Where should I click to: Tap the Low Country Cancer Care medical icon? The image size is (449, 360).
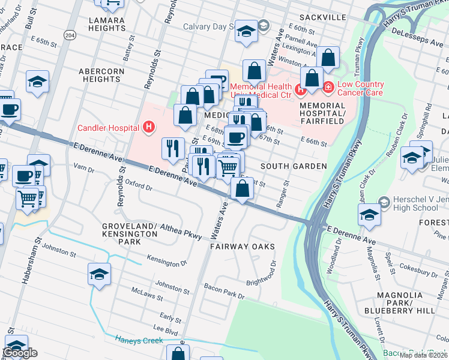point(328,88)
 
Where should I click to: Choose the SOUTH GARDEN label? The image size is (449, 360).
point(294,166)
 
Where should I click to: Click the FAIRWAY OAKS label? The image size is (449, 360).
point(242,247)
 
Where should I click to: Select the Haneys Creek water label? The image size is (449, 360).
point(139,340)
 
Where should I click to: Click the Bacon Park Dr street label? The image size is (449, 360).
point(224,291)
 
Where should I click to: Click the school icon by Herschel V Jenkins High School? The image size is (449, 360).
point(369,214)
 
